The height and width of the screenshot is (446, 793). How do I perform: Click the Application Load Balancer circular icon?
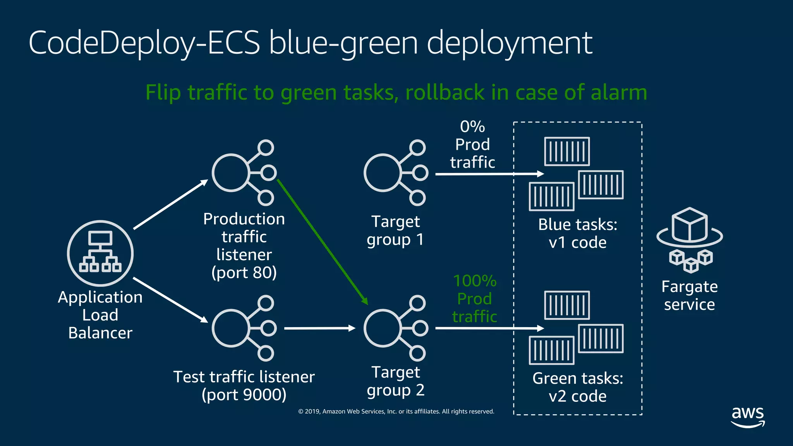coord(100,254)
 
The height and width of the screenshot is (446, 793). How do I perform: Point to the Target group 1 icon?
coord(396,173)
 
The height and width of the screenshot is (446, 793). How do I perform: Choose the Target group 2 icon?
coord(396,328)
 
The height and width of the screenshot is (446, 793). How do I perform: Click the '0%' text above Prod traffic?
coord(472,127)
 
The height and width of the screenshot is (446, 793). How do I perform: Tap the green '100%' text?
coord(475,281)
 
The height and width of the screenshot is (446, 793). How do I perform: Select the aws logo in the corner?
coord(748,417)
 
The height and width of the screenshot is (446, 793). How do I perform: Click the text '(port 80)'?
coord(244,273)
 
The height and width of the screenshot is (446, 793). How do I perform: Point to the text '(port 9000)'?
coord(244,395)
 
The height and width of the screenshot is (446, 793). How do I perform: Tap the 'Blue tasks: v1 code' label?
coord(577,233)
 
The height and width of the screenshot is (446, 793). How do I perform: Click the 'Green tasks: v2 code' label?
coord(577,387)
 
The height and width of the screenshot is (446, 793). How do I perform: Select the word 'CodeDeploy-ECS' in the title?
coord(144,43)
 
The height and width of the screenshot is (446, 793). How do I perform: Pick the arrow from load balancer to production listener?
coord(171,204)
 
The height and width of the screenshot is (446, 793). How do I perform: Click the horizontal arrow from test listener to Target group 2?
coord(319,328)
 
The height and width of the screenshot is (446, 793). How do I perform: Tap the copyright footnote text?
coord(396,412)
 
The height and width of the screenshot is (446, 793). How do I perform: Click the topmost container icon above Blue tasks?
coord(567,151)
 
